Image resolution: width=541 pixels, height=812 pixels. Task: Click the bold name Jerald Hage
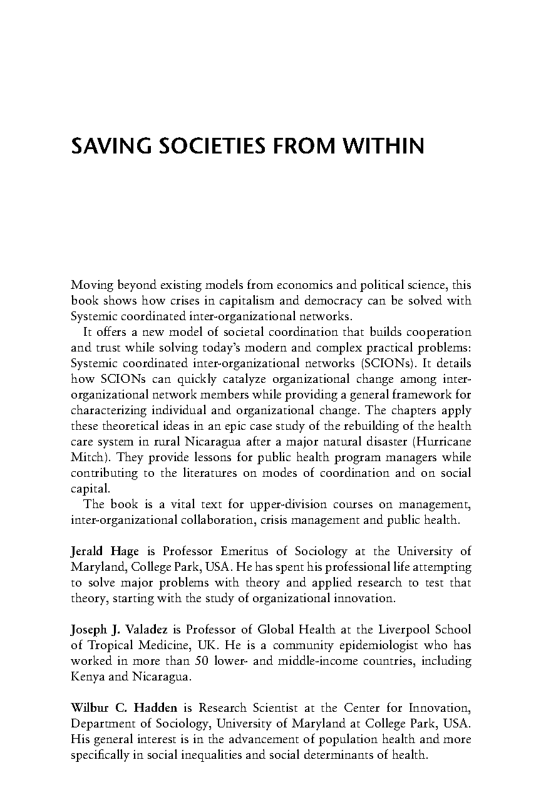click(106, 551)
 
